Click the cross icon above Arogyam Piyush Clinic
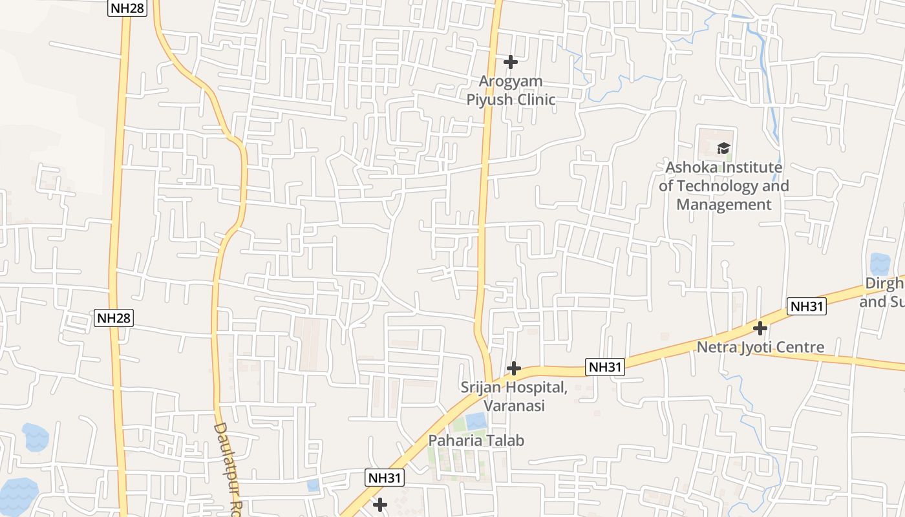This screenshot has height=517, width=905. tap(511, 62)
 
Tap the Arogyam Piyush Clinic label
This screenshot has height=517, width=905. tap(511, 90)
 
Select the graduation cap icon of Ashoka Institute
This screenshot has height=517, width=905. tap(723, 148)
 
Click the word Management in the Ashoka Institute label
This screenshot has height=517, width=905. tap(724, 205)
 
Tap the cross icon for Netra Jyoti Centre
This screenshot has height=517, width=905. tap(760, 328)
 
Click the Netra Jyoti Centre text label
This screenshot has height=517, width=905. tap(760, 347)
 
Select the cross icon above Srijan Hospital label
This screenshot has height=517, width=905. tap(514, 368)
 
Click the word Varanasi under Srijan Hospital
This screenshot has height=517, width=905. tap(514, 406)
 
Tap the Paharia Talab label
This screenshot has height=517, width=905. tap(476, 440)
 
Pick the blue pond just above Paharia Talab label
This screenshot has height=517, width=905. tap(476, 421)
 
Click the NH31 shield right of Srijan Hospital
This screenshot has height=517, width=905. tap(606, 367)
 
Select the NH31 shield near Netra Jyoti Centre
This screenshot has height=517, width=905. tap(806, 306)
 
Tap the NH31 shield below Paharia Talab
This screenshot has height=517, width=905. tap(385, 478)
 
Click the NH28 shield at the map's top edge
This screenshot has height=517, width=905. tap(127, 8)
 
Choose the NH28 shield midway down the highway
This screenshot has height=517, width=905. tap(114, 317)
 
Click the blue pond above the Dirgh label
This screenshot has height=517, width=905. tap(880, 264)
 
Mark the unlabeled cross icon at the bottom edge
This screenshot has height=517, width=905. tap(381, 504)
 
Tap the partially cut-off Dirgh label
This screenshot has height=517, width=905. tap(883, 292)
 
